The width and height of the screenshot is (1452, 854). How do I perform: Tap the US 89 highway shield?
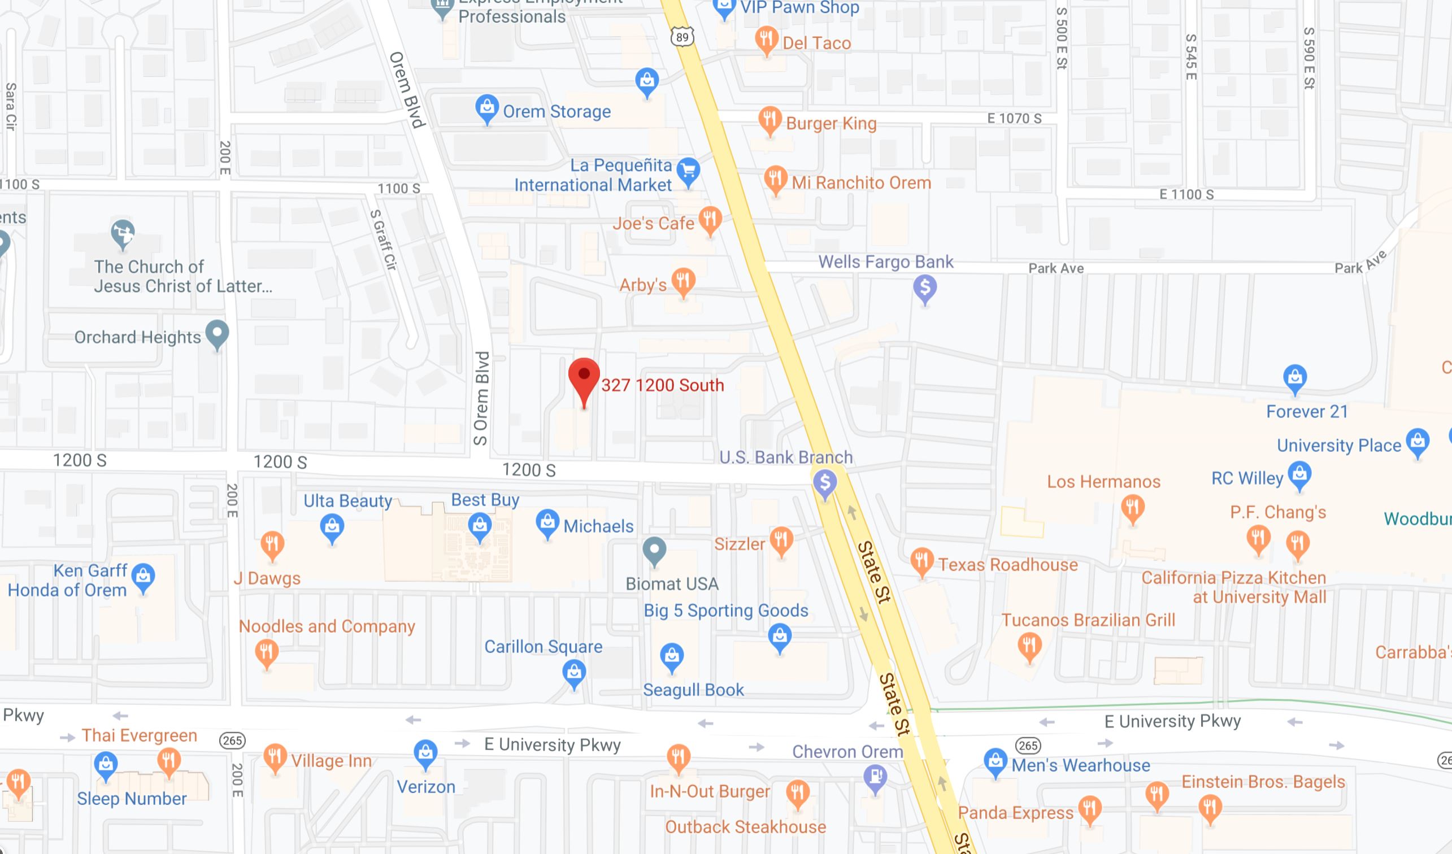[682, 37]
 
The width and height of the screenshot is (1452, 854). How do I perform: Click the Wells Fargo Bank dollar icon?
[925, 287]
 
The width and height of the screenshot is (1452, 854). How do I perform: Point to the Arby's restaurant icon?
[684, 281]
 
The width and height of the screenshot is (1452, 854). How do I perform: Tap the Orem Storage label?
[557, 111]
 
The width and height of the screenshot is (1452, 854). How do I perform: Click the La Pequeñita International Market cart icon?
[688, 171]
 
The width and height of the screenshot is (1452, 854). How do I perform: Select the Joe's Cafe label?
[653, 223]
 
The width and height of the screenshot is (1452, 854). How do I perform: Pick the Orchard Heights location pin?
[217, 333]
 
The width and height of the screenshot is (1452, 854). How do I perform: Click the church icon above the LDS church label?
[123, 233]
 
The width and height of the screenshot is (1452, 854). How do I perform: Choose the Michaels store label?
[598, 526]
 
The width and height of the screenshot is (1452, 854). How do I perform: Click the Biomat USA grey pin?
[654, 550]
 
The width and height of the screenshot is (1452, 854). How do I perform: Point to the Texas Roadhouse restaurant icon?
[922, 560]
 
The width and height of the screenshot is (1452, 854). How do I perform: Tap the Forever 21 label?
[1307, 411]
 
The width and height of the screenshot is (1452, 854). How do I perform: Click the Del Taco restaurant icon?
[766, 39]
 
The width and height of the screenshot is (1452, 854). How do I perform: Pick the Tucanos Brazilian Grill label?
[1088, 620]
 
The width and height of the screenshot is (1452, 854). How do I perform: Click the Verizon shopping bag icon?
[425, 752]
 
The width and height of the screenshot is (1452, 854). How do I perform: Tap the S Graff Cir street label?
[384, 240]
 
